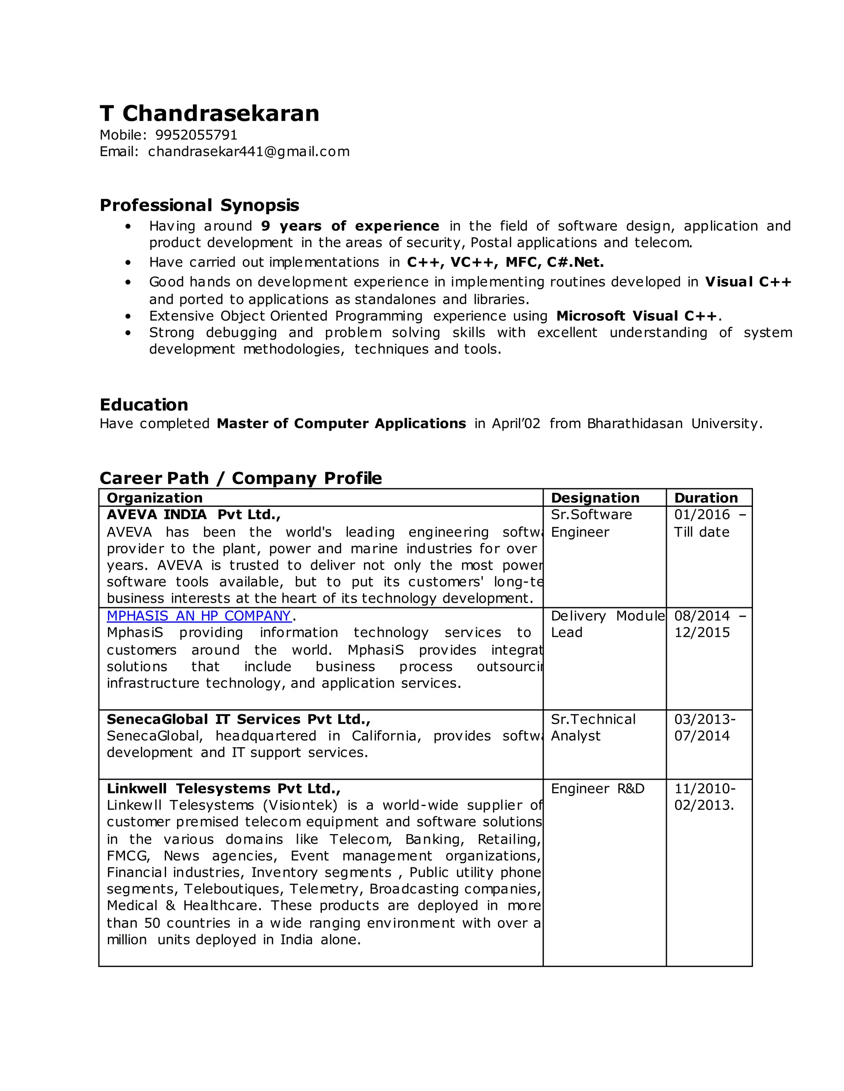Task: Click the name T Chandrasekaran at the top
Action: [209, 114]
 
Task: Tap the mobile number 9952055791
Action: [196, 135]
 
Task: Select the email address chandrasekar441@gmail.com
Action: [249, 152]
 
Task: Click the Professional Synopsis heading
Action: [199, 205]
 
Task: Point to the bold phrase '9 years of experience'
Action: [349, 226]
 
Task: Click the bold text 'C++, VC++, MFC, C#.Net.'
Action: [505, 262]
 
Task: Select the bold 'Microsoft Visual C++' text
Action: [637, 316]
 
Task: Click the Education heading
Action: [143, 405]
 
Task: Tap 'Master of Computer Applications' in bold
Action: [341, 424]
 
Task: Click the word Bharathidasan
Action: [634, 424]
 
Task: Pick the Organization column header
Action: [155, 498]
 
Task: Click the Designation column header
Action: [595, 498]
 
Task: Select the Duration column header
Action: [706, 498]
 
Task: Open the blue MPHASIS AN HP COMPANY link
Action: [199, 616]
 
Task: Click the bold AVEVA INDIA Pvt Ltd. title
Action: [194, 515]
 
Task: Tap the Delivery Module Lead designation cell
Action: [607, 625]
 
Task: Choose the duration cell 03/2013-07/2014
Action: [704, 727]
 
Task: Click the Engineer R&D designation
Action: [597, 789]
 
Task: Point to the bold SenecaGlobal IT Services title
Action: [238, 719]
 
